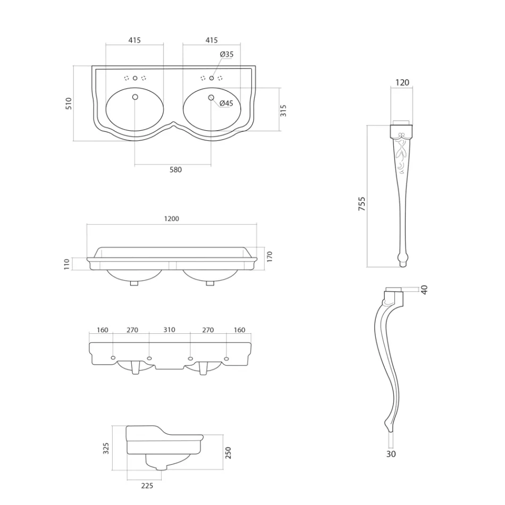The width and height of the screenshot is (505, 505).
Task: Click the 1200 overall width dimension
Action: pos(172,218)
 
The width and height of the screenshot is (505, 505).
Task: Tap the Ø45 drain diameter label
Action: pos(226,104)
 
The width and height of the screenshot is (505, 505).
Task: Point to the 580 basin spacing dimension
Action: pos(175,170)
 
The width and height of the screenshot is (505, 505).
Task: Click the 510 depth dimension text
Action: pos(68,103)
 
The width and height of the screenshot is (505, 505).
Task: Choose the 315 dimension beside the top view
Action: pos(283,110)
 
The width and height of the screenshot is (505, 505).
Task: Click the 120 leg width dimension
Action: pos(402,82)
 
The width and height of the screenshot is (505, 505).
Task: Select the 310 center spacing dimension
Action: pos(169,330)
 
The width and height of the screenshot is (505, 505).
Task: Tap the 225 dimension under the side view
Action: pos(147,485)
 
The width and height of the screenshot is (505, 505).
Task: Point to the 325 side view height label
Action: pos(106,448)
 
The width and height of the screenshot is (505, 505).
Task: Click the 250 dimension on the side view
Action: pos(228,452)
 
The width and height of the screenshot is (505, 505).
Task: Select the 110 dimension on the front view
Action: pos(67,264)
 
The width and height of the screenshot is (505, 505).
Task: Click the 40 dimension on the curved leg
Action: pos(424,290)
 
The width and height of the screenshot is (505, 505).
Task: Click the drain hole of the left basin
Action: pos(135,97)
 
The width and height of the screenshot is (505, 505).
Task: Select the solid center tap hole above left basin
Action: pos(135,78)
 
